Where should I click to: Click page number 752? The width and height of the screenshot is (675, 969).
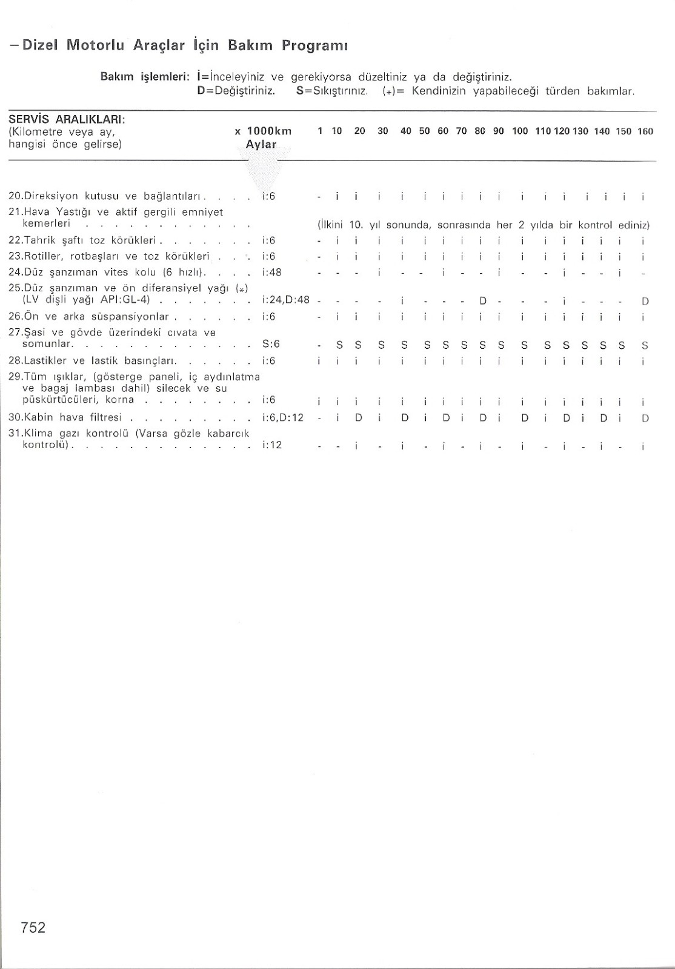[33, 927]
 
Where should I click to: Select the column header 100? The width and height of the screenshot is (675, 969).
[520, 131]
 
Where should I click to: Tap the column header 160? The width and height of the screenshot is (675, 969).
[645, 131]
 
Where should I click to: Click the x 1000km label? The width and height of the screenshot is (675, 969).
[263, 131]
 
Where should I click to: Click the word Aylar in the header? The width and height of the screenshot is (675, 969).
[261, 145]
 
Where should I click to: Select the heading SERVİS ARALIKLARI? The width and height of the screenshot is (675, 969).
[67, 119]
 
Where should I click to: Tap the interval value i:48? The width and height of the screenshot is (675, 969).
[272, 272]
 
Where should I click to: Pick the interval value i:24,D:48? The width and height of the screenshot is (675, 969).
[285, 300]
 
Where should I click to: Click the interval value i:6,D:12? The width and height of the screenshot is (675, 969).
[282, 417]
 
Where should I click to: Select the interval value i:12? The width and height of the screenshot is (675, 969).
[272, 445]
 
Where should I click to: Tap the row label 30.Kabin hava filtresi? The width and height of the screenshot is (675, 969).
[66, 417]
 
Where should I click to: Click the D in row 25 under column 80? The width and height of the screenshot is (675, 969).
[483, 300]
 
